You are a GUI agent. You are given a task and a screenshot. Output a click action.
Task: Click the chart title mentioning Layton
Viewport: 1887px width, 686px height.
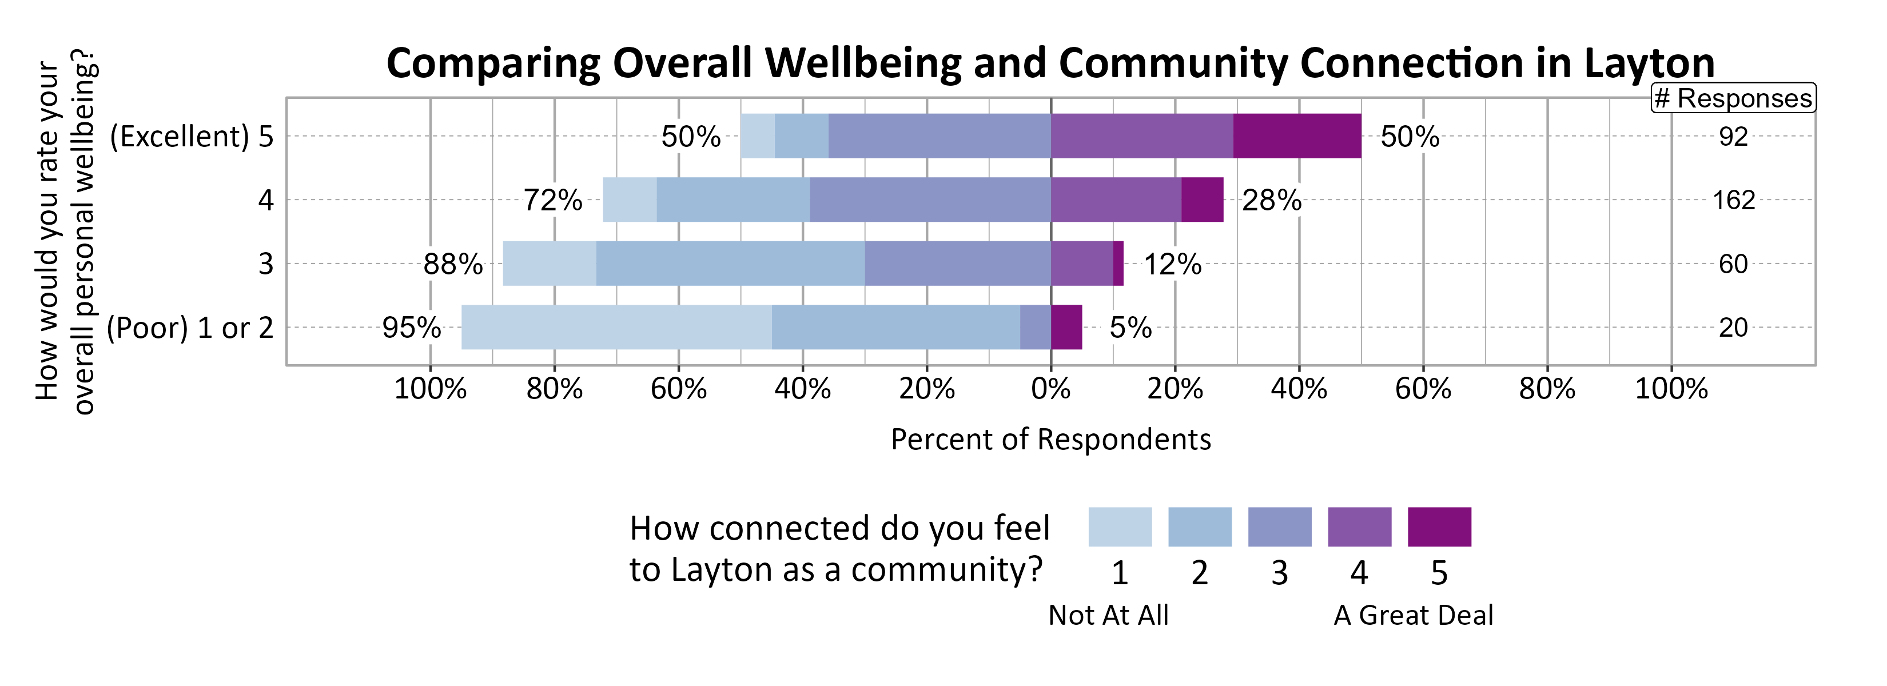1050,63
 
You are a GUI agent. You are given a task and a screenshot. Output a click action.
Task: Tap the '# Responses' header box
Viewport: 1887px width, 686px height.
1733,98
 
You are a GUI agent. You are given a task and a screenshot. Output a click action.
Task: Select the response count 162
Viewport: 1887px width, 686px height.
1733,200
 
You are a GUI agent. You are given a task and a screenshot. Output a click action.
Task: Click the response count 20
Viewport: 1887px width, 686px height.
1733,327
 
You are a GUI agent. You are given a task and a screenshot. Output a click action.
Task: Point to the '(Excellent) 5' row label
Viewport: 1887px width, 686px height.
191,137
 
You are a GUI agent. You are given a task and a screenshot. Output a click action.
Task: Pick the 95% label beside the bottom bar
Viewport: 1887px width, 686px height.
411,327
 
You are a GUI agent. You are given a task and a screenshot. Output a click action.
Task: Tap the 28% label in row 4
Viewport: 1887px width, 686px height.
1272,200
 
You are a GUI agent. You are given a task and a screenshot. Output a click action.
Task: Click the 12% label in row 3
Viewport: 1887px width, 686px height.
1172,264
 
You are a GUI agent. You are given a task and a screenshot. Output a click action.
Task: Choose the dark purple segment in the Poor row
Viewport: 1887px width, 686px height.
1066,327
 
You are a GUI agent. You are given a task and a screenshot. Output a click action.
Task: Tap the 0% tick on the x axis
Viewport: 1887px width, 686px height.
1050,389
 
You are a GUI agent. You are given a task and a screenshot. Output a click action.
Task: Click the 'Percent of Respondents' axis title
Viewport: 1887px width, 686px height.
1050,439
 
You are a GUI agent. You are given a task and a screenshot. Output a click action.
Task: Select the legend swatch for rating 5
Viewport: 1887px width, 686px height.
1439,527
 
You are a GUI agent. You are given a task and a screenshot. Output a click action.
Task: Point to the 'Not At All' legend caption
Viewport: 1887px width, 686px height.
1108,615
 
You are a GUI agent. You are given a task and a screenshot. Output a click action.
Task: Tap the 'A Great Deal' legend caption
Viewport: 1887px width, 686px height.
1412,615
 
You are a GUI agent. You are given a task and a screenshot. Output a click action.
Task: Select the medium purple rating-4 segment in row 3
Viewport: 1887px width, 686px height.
1081,264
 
